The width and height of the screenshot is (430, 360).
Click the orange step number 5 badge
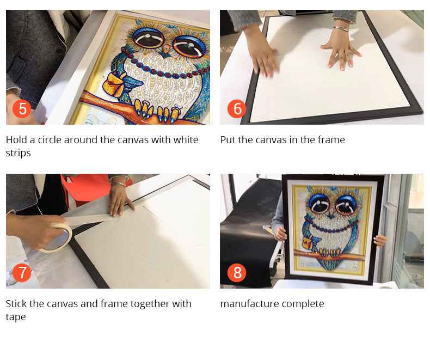coord(22,109)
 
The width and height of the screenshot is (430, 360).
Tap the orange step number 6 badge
coord(237,109)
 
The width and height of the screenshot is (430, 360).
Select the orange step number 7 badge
coord(22,272)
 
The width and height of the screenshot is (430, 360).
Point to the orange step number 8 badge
coord(237,272)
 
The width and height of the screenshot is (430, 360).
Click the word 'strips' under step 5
coord(19,153)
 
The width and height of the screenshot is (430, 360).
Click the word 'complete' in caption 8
coord(304,304)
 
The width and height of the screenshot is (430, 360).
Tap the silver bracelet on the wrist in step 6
coord(340,29)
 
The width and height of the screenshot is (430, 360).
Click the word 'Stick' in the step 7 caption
coord(17,304)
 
